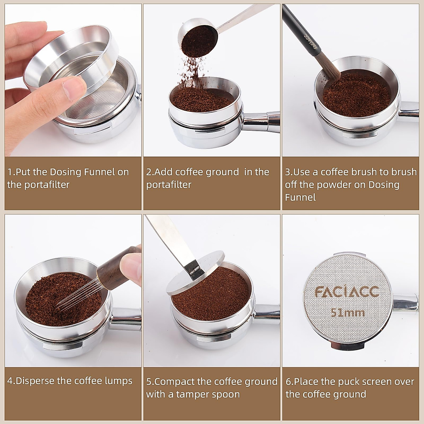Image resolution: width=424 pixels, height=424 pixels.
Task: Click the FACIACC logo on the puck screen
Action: point(347,292)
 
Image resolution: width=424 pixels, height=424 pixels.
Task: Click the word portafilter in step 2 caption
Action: point(169,185)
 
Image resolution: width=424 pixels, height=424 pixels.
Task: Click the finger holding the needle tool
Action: point(131,263)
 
